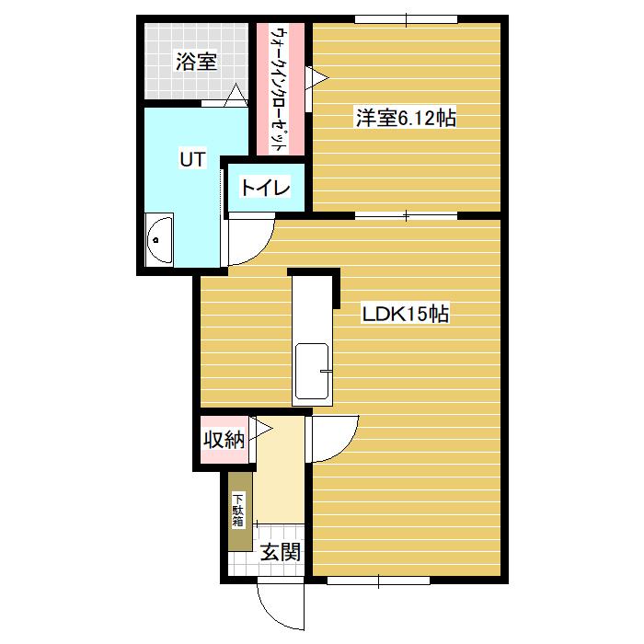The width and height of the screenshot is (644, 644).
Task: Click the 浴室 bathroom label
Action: tap(196, 62)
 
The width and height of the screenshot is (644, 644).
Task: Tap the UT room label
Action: tap(192, 159)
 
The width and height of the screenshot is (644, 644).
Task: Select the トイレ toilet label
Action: tap(266, 188)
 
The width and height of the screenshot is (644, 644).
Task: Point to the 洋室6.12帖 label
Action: tap(406, 118)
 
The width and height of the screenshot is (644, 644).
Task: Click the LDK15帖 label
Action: tap(405, 315)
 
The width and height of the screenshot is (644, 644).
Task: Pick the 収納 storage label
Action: tap(224, 440)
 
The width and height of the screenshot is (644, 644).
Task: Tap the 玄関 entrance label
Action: tap(281, 552)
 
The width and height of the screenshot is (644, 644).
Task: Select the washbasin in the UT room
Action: tap(159, 240)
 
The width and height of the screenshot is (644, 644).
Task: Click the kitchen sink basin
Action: tap(312, 372)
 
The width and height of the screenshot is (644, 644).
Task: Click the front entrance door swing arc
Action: tap(271, 614)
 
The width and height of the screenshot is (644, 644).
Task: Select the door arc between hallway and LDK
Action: tap(346, 449)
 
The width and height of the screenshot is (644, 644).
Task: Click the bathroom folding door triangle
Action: tap(236, 95)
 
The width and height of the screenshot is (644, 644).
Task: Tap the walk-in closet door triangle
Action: tap(317, 77)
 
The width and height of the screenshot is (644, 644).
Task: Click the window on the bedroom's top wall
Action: tap(407, 19)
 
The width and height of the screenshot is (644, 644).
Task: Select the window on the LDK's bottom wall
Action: tap(378, 581)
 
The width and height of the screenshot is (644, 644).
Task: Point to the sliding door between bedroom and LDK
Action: tap(407, 215)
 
